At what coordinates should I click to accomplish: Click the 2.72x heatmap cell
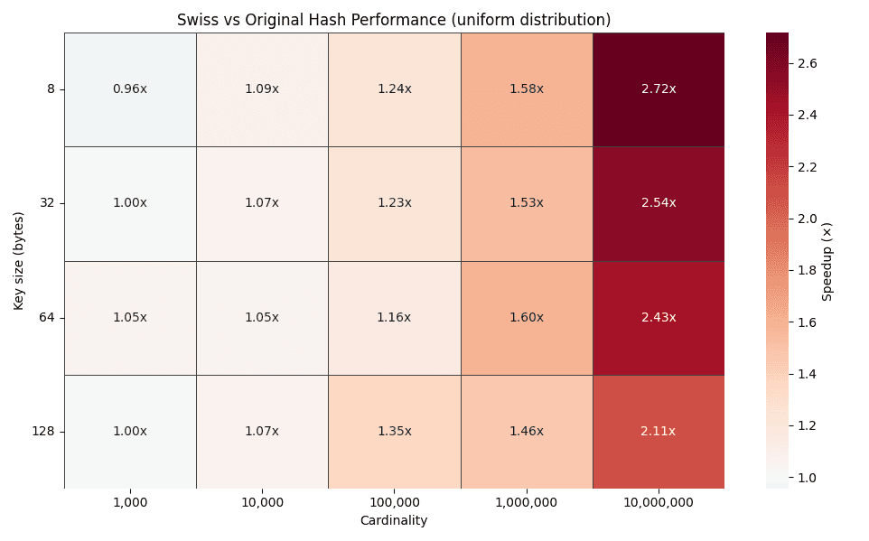659,89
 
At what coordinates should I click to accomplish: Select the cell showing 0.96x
130,89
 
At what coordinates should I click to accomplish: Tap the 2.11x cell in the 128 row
659,431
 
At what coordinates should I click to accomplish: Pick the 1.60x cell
527,317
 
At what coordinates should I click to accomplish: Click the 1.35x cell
395,431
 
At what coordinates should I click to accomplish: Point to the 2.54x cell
659,202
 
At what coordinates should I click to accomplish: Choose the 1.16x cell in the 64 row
395,317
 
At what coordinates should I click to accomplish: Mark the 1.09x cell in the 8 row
262,89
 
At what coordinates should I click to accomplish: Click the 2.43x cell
659,317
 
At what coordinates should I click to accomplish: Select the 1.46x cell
527,431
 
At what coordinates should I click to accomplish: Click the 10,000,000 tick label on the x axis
659,502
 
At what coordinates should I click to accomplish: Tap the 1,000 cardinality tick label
130,502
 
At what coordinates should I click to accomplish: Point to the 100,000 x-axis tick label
395,502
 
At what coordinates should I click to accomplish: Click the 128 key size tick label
44,431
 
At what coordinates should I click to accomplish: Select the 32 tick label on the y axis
47,202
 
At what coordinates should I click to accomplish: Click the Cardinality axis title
394,520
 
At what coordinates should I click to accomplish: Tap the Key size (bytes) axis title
19,261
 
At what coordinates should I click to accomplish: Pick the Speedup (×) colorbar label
827,260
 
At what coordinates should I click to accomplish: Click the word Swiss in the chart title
196,19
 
